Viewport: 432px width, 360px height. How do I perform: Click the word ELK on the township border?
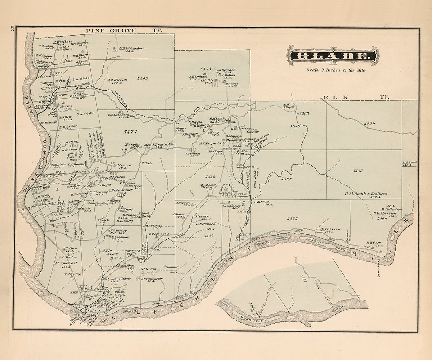(x=330, y=97)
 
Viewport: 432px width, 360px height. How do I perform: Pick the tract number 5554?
(x=369, y=123)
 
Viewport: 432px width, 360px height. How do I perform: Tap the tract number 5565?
(x=292, y=219)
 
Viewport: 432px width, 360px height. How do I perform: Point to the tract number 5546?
(x=287, y=179)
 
